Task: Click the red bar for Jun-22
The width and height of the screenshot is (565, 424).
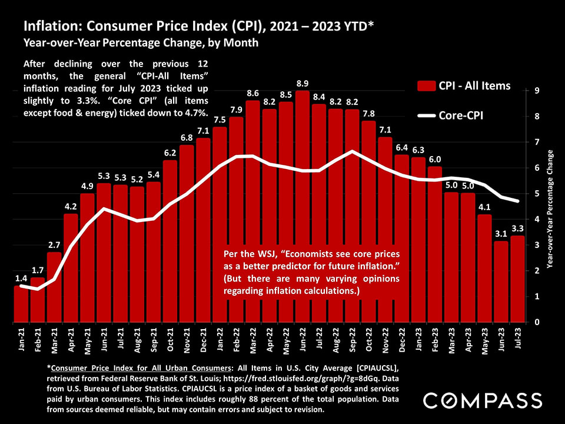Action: point(302,206)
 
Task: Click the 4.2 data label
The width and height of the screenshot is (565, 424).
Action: point(71,207)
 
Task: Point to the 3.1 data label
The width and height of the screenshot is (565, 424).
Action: point(501,234)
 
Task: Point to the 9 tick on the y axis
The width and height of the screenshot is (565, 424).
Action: point(537,91)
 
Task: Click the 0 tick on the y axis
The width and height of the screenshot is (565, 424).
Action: point(537,322)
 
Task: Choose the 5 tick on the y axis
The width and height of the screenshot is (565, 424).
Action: point(537,194)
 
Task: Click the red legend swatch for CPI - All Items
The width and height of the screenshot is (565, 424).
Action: point(426,87)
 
